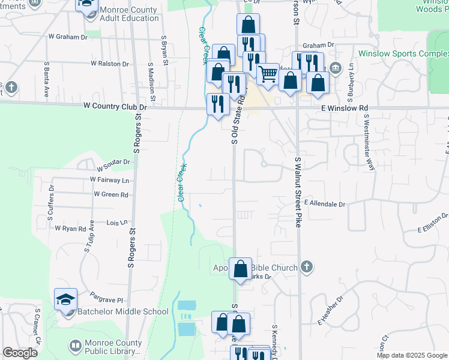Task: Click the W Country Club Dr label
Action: click(115, 107)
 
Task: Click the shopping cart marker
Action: click(268, 75)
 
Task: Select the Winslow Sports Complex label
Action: click(403, 53)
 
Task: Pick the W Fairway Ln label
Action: click(109, 179)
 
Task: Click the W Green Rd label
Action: click(111, 194)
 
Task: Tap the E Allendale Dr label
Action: click(325, 204)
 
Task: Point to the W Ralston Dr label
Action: click(106, 64)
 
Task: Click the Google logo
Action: click(20, 353)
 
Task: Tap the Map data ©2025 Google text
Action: click(411, 355)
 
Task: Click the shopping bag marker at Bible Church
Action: click(240, 269)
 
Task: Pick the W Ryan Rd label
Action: click(70, 229)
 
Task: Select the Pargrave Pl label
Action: click(106, 299)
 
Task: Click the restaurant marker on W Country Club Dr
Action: click(217, 104)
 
